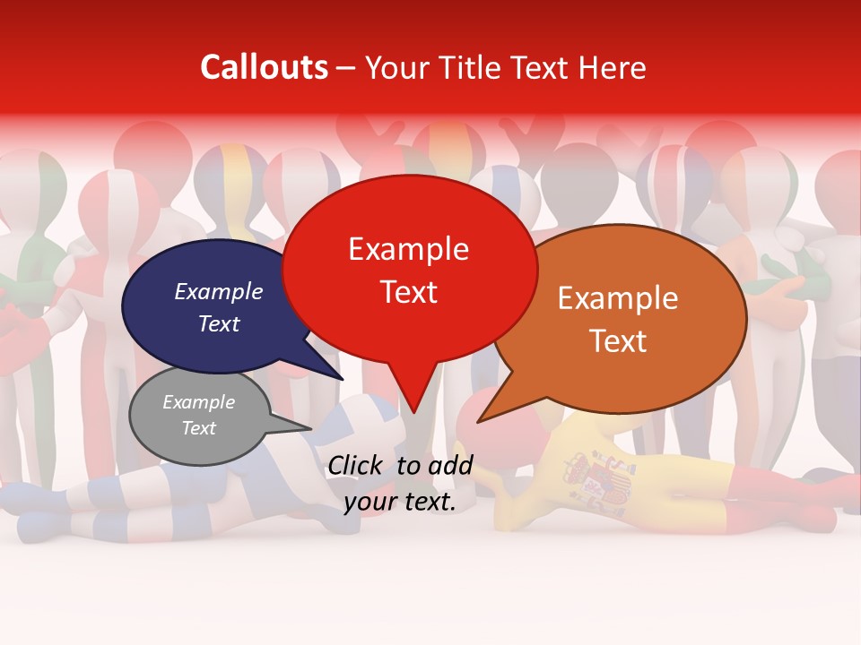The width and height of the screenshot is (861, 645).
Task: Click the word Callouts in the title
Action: click(264, 67)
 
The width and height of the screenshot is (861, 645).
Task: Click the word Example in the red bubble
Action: click(409, 249)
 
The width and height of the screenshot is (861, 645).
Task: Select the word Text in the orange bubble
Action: click(618, 341)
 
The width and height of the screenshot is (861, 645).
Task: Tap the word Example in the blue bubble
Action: click(219, 291)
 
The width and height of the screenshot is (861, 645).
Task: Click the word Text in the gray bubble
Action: click(199, 428)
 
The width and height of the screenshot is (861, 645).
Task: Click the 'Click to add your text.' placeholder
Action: click(400, 483)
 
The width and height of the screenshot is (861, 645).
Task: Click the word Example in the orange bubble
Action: click(618, 298)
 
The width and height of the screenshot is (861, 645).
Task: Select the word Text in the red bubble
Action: click(409, 292)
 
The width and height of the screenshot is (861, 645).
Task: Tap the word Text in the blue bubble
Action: click(219, 323)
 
